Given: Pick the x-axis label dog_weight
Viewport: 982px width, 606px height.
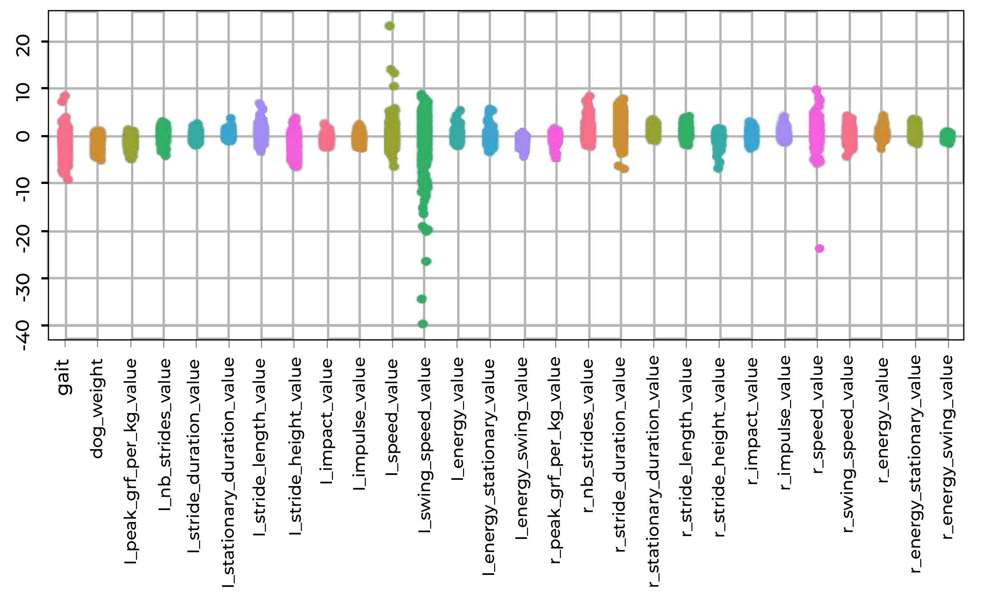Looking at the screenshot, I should [97, 408].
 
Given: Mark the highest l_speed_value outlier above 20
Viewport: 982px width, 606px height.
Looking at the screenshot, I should [390, 26].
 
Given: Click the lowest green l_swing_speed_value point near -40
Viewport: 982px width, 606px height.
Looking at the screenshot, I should [423, 324].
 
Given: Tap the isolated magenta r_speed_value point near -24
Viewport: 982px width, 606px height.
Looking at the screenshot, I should [819, 248].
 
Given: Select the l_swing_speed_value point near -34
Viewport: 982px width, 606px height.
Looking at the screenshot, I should [422, 299].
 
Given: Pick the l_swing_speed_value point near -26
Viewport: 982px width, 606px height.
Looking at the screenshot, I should [426, 261].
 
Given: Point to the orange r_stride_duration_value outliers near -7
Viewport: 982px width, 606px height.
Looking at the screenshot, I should [622, 167].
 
